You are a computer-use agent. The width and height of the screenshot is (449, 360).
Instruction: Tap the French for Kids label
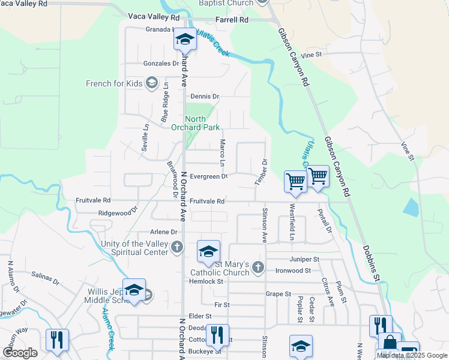(x=114, y=83)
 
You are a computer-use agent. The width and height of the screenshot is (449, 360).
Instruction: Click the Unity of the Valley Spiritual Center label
(x=131, y=248)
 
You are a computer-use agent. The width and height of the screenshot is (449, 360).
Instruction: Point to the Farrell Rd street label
(x=232, y=20)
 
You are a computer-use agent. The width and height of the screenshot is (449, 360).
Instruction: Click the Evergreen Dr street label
(x=208, y=176)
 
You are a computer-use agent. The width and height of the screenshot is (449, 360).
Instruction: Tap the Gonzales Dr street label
(x=161, y=63)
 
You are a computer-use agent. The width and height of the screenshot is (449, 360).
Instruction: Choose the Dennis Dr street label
(x=205, y=96)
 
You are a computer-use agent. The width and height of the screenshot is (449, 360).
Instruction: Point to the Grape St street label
(x=279, y=294)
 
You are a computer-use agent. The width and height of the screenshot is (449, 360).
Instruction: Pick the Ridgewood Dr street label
(x=118, y=212)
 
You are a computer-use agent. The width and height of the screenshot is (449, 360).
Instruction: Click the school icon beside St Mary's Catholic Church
(x=208, y=252)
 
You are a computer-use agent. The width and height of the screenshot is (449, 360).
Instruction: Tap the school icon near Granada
(x=185, y=40)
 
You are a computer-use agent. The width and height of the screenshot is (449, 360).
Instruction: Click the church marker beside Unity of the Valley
(x=177, y=247)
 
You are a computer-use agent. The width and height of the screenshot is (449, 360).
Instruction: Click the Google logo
(x=20, y=353)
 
